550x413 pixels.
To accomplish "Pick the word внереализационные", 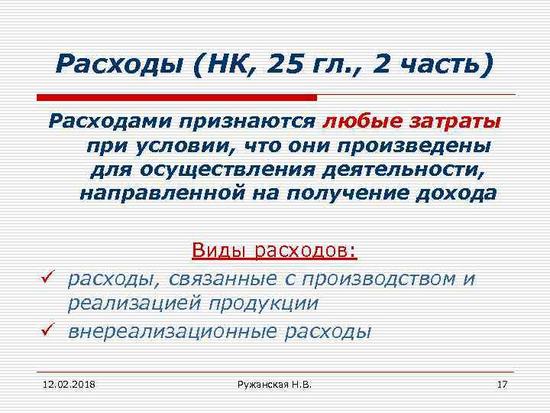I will pos(176,331).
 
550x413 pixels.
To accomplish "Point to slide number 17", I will pos(502,382).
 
